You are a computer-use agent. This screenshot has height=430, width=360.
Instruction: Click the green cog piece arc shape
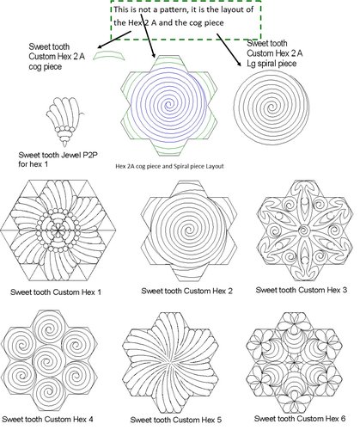click(109, 54)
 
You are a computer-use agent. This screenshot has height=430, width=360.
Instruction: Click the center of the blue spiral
click(168, 104)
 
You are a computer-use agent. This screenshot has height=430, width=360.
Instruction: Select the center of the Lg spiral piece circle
click(272, 108)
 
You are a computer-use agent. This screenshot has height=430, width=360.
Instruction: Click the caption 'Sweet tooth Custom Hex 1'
click(56, 292)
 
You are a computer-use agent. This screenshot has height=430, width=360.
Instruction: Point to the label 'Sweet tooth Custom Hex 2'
click(186, 291)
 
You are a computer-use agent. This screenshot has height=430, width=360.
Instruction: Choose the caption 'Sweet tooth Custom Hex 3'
click(302, 290)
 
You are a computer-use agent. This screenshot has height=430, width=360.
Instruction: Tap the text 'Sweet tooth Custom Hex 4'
click(47, 419)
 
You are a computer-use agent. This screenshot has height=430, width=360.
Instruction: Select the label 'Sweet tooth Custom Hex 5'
click(176, 420)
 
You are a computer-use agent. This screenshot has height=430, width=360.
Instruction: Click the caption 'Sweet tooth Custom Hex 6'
click(300, 418)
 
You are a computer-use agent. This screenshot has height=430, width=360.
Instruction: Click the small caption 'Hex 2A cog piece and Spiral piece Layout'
click(169, 166)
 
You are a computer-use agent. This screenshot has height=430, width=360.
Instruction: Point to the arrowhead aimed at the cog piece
click(100, 46)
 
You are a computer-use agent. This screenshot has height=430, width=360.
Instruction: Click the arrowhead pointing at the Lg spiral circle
click(239, 64)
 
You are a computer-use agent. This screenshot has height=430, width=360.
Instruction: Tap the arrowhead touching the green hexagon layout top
click(154, 55)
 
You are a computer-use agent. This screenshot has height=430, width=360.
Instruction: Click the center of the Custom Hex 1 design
click(58, 230)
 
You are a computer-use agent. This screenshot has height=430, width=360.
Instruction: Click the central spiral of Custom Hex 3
click(304, 230)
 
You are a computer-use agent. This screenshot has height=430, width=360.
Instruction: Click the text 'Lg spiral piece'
click(272, 64)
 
